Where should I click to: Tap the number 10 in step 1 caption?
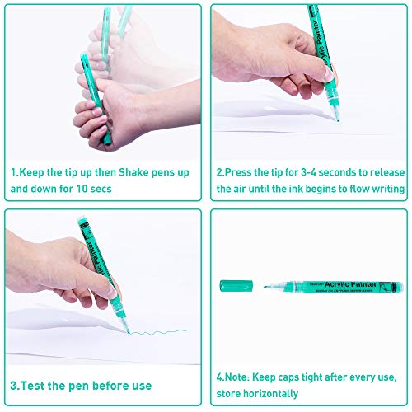(82, 189)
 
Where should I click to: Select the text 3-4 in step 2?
(308, 172)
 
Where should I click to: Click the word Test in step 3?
(33, 386)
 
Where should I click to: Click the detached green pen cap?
(236, 286)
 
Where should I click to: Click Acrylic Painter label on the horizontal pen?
(350, 284)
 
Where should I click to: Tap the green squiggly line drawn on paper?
(160, 332)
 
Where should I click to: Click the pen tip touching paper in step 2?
(338, 119)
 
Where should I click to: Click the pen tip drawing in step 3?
(129, 332)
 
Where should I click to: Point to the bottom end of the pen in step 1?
(107, 143)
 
